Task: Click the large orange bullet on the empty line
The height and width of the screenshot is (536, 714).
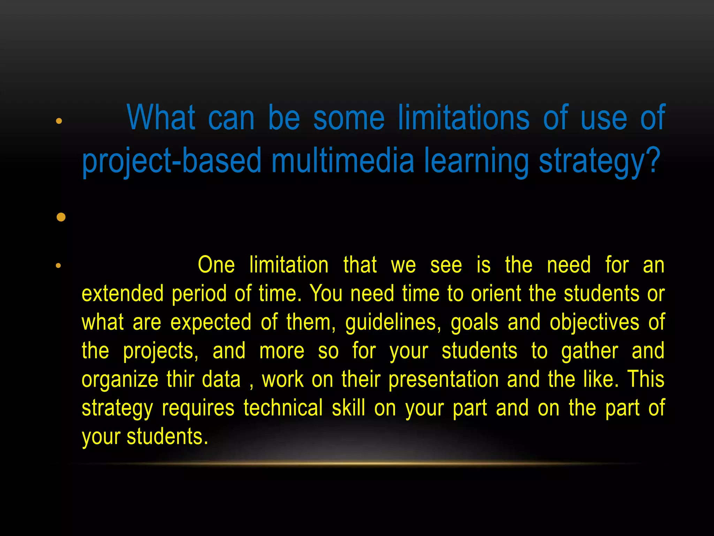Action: pos(61,217)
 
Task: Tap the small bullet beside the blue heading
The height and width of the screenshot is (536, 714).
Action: pos(59,121)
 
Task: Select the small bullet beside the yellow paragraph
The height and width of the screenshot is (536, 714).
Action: pos(58,266)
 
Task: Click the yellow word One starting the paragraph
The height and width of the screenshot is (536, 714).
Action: pos(216,265)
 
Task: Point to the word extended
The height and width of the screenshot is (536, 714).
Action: pos(122,293)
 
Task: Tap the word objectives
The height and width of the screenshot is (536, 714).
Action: pos(594,322)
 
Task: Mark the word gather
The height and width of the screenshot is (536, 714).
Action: pos(590,351)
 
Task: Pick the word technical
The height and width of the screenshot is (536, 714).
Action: pos(283,408)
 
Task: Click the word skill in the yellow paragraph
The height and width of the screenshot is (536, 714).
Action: pos(349,408)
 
